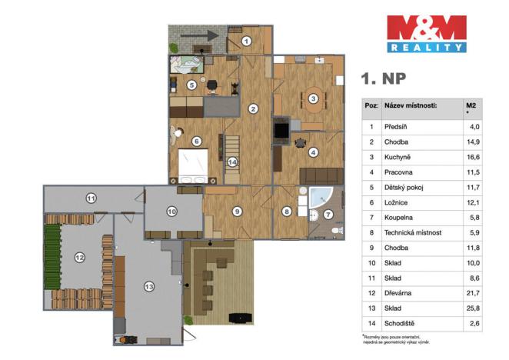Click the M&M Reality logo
425,33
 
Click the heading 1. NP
384,78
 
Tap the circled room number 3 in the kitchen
313,98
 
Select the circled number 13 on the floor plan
149,286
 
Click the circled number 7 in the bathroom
328,215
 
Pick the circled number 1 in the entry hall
246,41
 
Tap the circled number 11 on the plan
90,198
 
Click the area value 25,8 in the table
474,308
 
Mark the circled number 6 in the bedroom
197,142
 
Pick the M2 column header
471,105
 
